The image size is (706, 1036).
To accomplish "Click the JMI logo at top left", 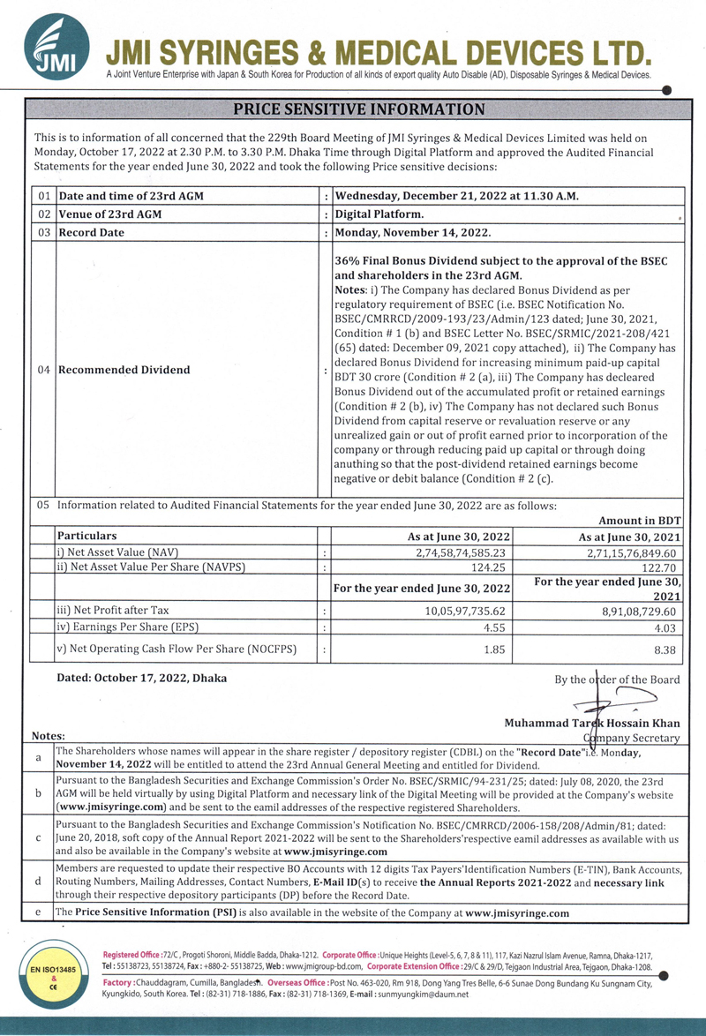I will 56,46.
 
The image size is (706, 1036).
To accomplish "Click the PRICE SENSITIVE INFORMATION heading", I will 358,109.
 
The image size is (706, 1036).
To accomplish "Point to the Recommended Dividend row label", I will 123,370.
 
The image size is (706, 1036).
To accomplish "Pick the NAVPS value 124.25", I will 491,567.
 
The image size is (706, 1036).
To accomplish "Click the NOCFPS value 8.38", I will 664,649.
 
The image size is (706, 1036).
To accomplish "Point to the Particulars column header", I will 86,536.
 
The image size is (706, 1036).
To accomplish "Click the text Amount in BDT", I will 640,521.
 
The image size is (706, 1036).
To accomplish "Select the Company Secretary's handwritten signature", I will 608,702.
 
